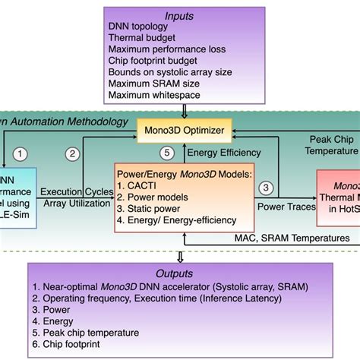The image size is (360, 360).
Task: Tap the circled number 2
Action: coord(73,153)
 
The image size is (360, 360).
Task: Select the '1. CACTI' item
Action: coord(141,184)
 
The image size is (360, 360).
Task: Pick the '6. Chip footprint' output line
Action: coord(74,344)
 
